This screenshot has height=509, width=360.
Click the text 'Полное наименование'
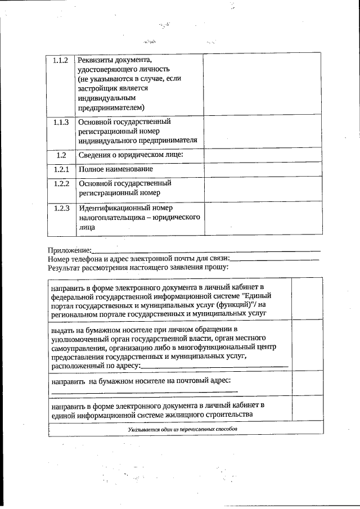point(115,169)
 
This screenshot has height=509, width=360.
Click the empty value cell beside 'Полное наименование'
point(262,169)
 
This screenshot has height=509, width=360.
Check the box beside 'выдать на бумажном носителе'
point(307,346)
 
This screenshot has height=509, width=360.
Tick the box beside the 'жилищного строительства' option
point(307,410)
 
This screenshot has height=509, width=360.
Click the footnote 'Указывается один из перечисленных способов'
point(183,429)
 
